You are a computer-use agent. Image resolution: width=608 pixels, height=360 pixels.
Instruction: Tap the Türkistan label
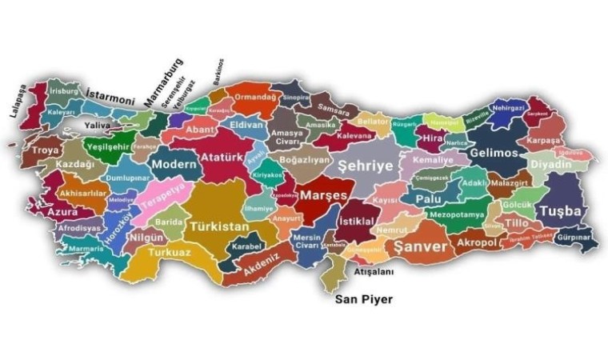click(218, 227)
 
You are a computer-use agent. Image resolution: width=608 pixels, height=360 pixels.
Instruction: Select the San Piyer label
click(364, 301)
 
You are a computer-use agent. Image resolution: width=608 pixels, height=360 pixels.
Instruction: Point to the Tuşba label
click(560, 211)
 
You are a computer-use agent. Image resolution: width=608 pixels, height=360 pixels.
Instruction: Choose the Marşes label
click(323, 195)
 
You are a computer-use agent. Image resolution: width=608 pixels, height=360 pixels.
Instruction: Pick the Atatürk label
click(221, 156)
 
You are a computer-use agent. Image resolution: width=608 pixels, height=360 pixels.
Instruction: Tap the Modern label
click(174, 164)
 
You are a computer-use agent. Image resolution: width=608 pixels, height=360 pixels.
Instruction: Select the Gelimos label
click(494, 153)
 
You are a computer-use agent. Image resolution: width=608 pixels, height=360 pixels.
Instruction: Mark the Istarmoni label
click(110, 98)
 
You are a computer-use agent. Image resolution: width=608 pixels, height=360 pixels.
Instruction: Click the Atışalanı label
click(374, 272)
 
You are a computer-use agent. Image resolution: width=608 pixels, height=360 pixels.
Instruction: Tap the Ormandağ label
click(255, 97)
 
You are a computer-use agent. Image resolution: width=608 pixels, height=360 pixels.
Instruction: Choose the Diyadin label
click(551, 165)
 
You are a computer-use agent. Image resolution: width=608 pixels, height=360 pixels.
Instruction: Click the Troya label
click(46, 150)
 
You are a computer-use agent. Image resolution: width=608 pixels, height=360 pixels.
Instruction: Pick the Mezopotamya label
click(457, 215)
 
